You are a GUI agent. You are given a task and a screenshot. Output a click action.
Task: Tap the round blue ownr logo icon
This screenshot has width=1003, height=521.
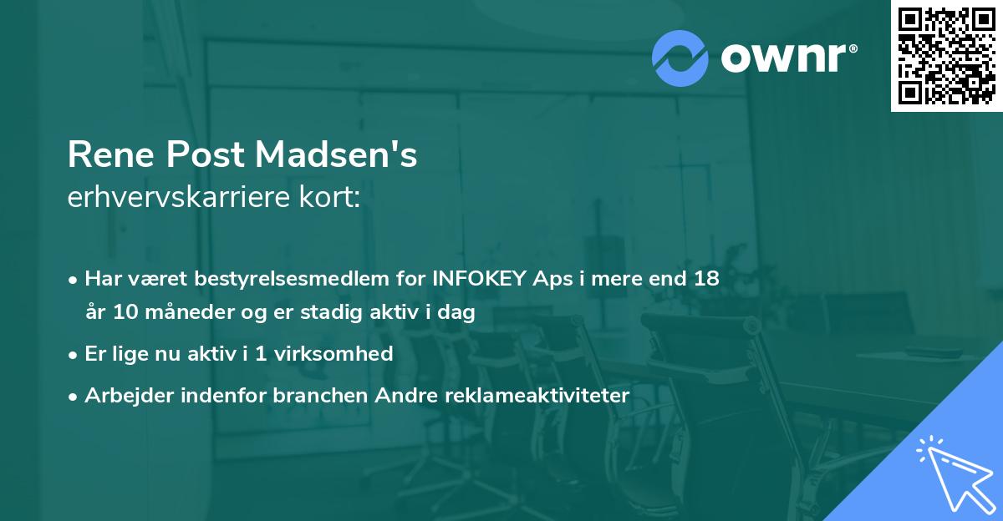click(680, 58)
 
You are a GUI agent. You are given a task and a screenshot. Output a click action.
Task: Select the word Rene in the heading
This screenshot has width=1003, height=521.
click(109, 155)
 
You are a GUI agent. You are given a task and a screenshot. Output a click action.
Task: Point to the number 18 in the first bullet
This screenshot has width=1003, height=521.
click(705, 279)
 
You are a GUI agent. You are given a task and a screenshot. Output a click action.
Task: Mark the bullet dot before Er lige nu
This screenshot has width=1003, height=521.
click(74, 354)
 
